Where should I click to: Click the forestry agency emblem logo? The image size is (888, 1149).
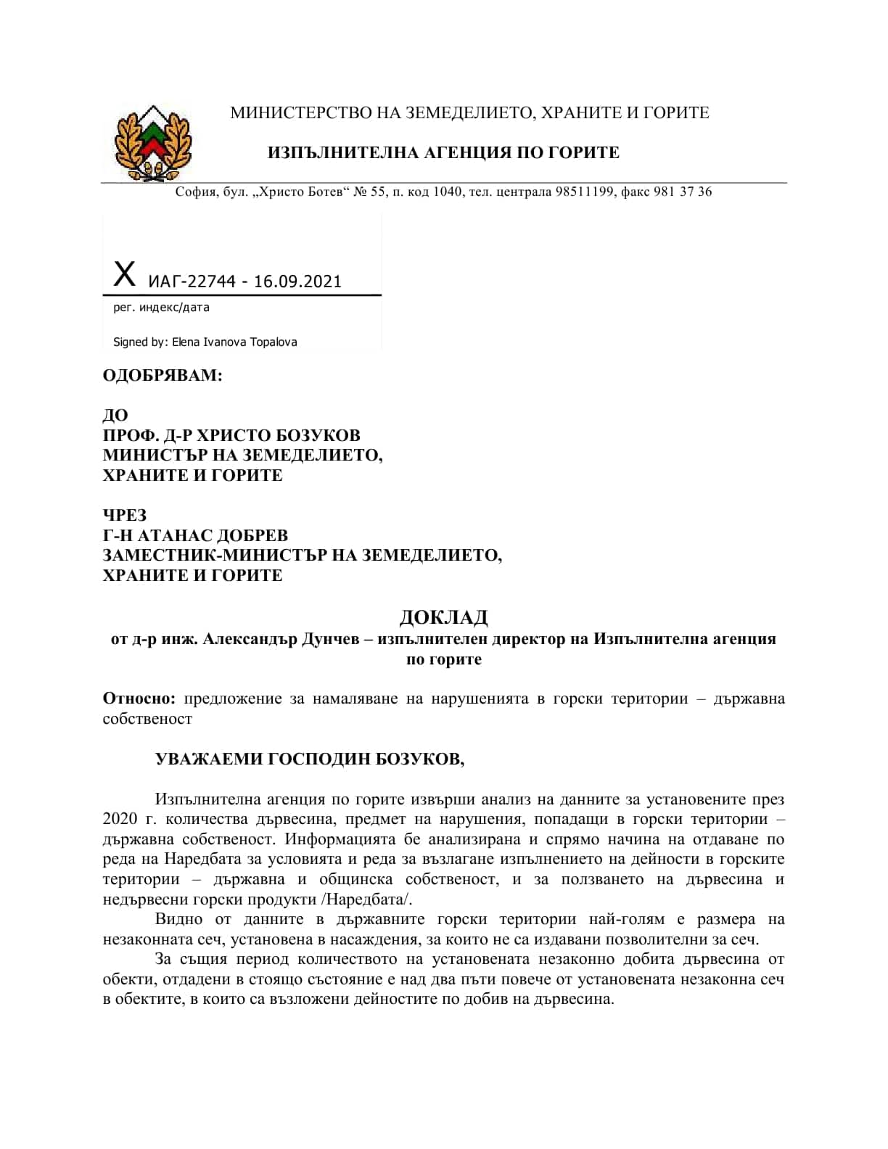(x=153, y=143)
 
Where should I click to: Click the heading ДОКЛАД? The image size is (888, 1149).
(x=443, y=617)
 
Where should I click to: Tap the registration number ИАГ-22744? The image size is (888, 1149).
(x=191, y=281)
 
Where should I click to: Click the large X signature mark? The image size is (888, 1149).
(x=125, y=275)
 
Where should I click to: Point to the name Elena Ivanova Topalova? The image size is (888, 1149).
(x=234, y=342)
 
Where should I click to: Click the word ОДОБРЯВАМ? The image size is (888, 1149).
(x=163, y=375)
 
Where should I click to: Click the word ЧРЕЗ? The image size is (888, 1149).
(x=125, y=515)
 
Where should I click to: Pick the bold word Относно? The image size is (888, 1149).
(x=139, y=699)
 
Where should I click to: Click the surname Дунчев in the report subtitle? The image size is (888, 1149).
(x=332, y=639)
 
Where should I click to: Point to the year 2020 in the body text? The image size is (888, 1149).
(x=120, y=819)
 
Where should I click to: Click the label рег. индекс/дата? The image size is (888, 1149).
(x=161, y=307)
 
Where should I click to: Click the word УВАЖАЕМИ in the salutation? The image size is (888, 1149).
(x=210, y=759)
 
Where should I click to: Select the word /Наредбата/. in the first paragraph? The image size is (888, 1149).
(x=369, y=899)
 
